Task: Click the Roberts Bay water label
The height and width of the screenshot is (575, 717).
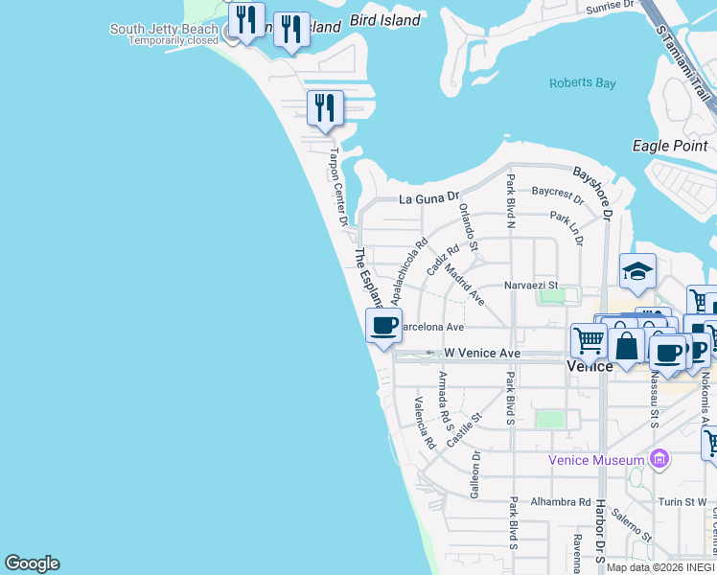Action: click(582, 83)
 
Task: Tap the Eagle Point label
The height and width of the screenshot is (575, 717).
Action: click(670, 146)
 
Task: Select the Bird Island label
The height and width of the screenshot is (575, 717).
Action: click(385, 20)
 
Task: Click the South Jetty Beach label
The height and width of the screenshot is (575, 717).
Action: click(164, 29)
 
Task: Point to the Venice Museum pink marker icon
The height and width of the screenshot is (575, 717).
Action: click(659, 460)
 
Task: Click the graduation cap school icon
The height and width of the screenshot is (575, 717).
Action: click(637, 272)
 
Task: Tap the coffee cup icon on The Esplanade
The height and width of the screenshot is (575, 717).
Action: click(383, 326)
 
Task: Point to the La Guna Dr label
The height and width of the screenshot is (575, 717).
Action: click(430, 200)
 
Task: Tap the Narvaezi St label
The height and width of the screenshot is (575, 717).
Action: click(531, 286)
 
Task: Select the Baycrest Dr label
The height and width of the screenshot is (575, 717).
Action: click(558, 196)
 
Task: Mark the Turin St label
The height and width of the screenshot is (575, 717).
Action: click(682, 502)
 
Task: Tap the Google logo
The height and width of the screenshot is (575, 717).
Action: click(32, 563)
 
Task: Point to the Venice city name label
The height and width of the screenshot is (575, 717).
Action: click(590, 366)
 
